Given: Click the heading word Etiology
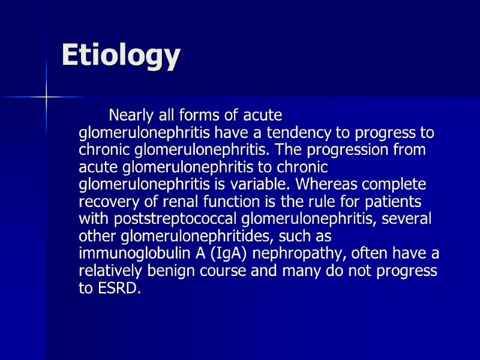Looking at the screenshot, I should [x=121, y=56].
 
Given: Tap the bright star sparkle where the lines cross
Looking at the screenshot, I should [x=46, y=96].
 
